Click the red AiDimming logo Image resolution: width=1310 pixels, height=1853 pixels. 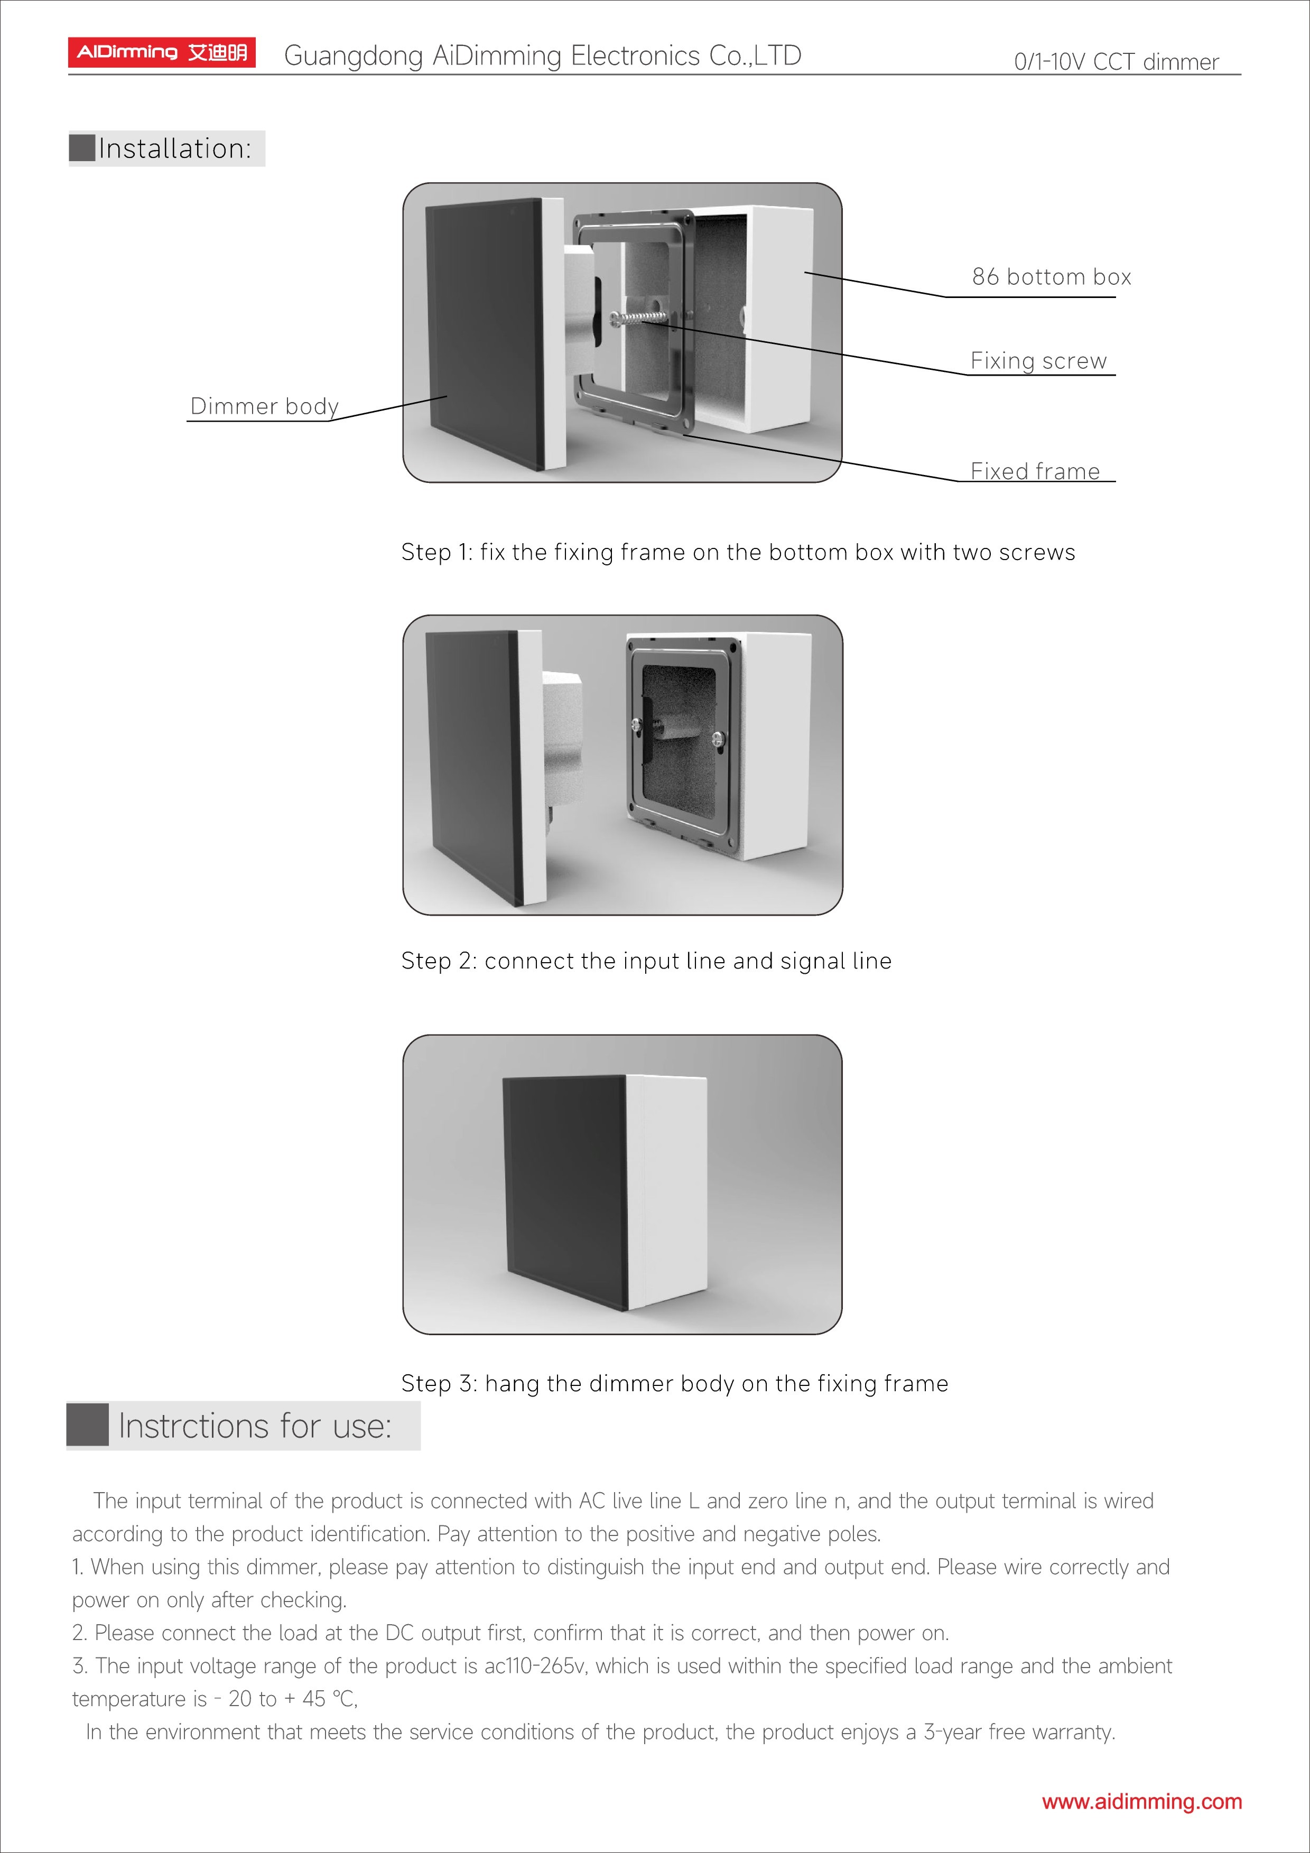click(x=161, y=52)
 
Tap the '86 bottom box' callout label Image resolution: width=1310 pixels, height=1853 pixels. click(x=1051, y=277)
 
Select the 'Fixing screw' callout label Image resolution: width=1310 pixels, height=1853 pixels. click(x=1038, y=361)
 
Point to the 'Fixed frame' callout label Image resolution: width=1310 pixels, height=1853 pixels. click(x=1035, y=471)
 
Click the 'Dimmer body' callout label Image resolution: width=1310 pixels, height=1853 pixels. click(x=264, y=406)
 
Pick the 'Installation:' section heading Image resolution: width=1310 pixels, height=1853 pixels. click(x=174, y=148)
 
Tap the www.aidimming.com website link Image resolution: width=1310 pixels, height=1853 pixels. click(x=1141, y=1801)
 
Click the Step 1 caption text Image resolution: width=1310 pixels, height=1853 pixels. click(x=738, y=552)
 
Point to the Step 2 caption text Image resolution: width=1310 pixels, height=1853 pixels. click(x=646, y=961)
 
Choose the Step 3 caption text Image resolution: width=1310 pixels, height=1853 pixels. click(x=674, y=1383)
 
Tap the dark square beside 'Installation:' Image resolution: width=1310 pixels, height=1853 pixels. click(x=82, y=148)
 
